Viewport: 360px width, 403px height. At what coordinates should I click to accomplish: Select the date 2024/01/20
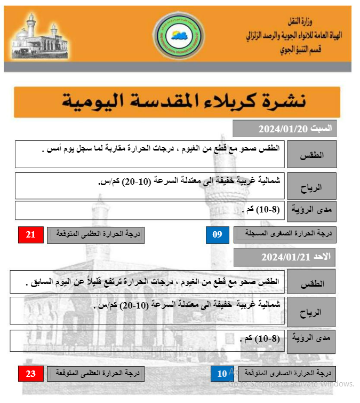click(x=281, y=129)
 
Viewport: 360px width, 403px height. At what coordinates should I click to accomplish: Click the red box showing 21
click(x=31, y=235)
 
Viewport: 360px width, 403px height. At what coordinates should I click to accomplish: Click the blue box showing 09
click(x=218, y=235)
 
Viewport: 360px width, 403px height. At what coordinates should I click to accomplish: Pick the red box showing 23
click(x=31, y=374)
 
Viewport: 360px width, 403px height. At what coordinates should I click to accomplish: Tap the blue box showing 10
click(x=222, y=374)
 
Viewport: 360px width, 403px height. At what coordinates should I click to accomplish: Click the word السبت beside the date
click(x=321, y=128)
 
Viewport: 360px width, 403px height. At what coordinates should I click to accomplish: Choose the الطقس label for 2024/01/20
click(x=312, y=155)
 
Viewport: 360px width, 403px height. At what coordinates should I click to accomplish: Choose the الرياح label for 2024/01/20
click(x=312, y=186)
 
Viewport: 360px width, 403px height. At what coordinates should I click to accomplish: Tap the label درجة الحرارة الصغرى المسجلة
click(x=285, y=235)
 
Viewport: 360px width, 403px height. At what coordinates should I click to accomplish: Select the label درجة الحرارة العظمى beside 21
click(x=96, y=235)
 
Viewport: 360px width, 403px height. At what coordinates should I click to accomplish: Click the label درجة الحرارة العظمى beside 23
click(x=96, y=374)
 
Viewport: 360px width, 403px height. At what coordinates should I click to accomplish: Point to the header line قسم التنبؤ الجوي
click(x=304, y=51)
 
